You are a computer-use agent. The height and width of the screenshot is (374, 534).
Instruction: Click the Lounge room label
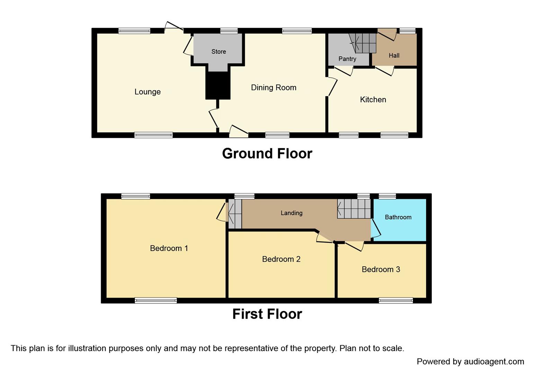[x=148, y=92]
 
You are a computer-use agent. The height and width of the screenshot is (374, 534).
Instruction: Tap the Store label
[x=219, y=52]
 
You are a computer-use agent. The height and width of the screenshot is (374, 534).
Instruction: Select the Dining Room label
[x=274, y=88]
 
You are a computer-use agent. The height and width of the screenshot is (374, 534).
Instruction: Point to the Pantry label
[x=347, y=59]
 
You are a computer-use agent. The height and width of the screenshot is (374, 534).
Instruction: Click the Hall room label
[x=394, y=55]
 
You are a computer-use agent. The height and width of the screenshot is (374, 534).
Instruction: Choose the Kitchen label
[x=373, y=100]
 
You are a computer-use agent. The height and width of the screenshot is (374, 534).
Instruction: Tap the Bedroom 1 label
[x=169, y=248]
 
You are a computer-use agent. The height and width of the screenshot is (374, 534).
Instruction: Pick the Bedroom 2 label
[x=281, y=259]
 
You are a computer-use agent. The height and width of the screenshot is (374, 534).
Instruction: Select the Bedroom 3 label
[x=381, y=269]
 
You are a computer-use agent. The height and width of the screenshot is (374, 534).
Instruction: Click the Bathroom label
[x=398, y=217]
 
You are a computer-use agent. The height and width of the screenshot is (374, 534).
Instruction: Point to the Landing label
[x=292, y=213]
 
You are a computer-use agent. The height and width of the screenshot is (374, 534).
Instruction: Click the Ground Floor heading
[x=267, y=153]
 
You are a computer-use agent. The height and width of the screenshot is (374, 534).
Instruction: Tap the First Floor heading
[x=267, y=314]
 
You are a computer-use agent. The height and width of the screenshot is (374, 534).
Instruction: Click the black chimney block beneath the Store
[x=218, y=85]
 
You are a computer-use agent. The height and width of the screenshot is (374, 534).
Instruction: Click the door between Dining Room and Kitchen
[x=332, y=87]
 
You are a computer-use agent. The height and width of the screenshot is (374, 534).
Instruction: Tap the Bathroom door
[x=376, y=228]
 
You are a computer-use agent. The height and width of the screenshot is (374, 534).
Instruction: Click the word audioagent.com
[x=494, y=362]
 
